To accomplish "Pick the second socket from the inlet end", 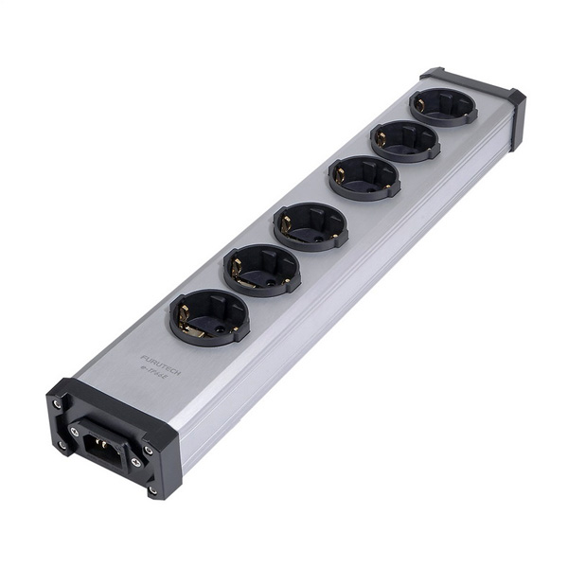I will pyautogui.click(x=261, y=270).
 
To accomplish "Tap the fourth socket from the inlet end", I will pyautogui.click(x=364, y=177).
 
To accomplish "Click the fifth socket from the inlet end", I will pyautogui.click(x=404, y=141).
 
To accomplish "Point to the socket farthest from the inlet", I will pyautogui.click(x=443, y=107).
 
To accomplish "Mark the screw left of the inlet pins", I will pyautogui.click(x=76, y=431).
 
